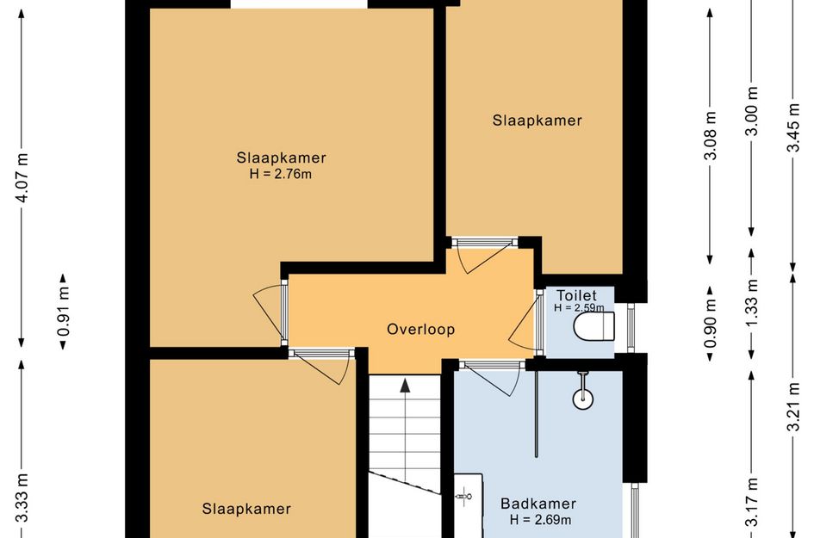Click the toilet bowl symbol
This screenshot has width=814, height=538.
[593, 327]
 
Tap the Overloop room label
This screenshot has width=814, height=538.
[421, 330]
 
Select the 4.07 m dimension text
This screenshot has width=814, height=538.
[22, 178]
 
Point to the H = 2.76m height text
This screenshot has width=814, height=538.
[280, 175]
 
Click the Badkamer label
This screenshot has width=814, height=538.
[538, 504]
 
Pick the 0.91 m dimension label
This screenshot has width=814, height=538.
[64, 312]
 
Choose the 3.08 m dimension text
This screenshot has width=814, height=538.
[711, 135]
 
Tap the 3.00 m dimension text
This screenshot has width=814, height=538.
[752, 111]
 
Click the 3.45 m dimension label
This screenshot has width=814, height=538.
[792, 127]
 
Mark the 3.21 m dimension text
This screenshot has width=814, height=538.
[792, 407]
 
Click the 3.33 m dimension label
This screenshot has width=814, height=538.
[22, 498]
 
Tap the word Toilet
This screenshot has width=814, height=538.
[577, 296]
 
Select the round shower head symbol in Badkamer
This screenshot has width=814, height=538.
[583, 399]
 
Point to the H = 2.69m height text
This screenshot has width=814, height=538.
[540, 520]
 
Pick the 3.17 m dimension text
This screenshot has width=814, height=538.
[752, 503]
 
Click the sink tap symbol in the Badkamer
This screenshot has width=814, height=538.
[463, 497]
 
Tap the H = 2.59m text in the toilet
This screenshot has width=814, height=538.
[579, 307]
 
